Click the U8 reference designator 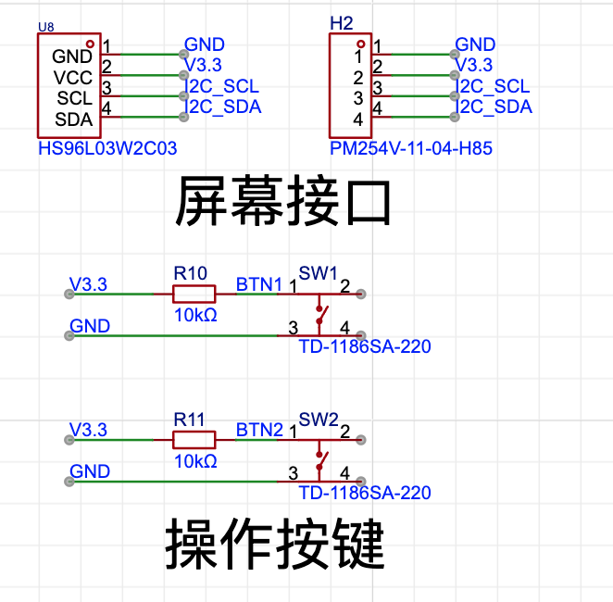click(45, 27)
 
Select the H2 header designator click(342, 23)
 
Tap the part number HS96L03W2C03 click(107, 148)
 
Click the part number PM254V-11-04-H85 click(411, 148)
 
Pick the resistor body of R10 click(194, 294)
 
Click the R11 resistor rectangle click(194, 440)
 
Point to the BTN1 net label click(259, 284)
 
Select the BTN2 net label click(259, 430)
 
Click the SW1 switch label click(318, 273)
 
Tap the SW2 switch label click(319, 420)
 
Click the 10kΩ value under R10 click(195, 315)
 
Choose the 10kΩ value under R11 click(195, 461)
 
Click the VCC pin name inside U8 click(73, 78)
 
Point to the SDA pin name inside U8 click(73, 119)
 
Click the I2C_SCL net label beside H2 click(493, 86)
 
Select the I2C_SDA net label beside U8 click(223, 107)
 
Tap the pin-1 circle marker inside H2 click(361, 44)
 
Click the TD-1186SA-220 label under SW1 click(365, 346)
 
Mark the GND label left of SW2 click(90, 471)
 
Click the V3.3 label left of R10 click(88, 284)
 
